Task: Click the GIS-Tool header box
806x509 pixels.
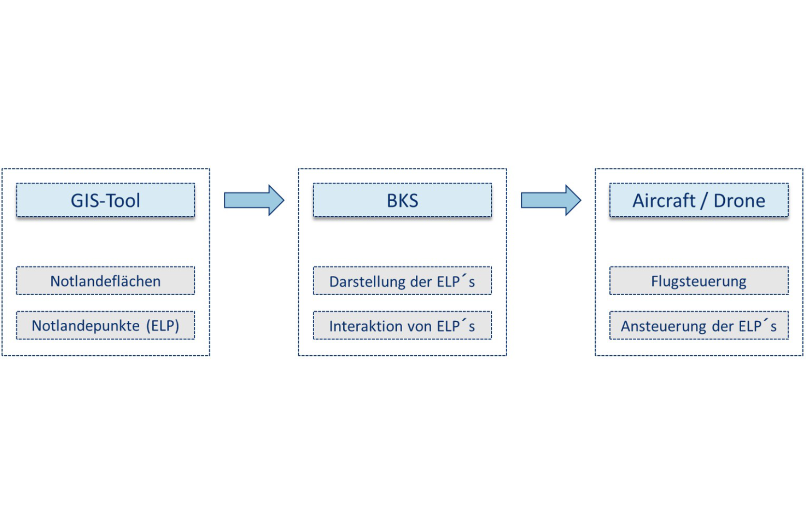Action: [x=105, y=200]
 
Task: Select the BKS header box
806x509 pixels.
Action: [x=402, y=200]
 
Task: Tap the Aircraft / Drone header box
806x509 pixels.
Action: [x=699, y=200]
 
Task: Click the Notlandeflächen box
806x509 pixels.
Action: [x=105, y=281]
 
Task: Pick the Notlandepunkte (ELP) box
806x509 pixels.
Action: [x=105, y=326]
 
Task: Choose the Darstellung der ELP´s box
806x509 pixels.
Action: [x=402, y=281]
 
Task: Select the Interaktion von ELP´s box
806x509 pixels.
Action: [x=402, y=326]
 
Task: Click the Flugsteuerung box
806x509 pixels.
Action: [x=699, y=281]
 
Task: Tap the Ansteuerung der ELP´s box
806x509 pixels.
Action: [x=699, y=326]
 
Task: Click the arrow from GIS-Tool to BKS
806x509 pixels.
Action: [x=254, y=200]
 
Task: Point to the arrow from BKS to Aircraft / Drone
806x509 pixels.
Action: [x=551, y=200]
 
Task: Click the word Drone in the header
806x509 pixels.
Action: [x=739, y=200]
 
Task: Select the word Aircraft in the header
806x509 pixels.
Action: [x=664, y=200]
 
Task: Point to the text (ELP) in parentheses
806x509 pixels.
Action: [x=162, y=326]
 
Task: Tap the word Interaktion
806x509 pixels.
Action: [x=362, y=326]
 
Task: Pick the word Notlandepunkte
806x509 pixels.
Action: [x=86, y=326]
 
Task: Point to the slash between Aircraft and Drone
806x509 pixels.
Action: [x=704, y=201]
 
